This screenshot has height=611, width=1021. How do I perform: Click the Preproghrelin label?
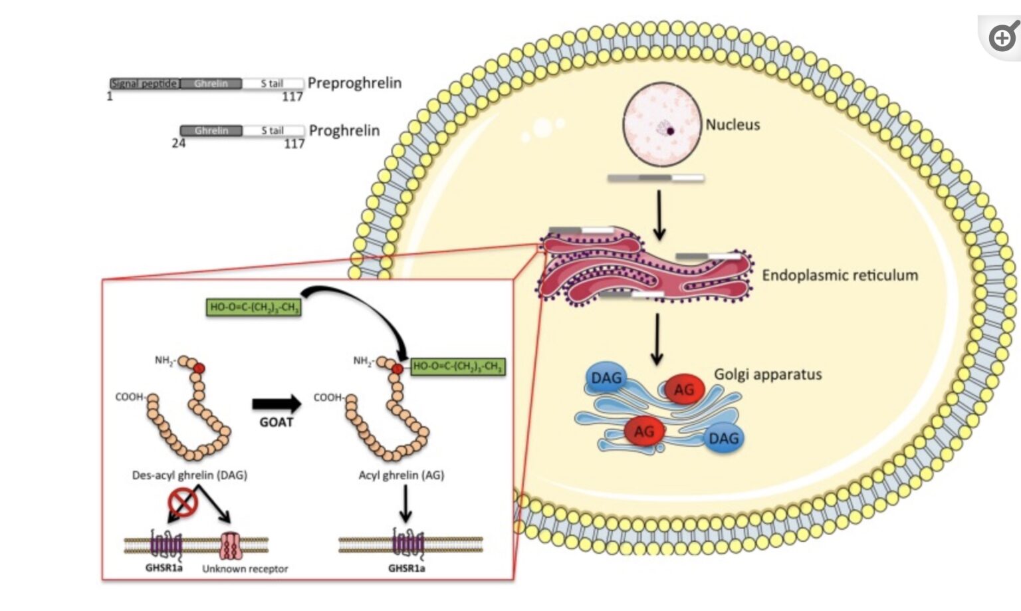[354, 83]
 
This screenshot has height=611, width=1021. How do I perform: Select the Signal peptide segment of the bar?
[144, 84]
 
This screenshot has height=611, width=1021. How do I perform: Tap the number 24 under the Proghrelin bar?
[178, 143]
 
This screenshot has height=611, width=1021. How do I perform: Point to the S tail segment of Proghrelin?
[273, 131]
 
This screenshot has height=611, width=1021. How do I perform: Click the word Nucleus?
[733, 124]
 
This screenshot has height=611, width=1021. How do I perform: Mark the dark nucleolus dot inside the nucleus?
[671, 131]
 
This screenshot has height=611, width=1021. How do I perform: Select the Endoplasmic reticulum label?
[840, 275]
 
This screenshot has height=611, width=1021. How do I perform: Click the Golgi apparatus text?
[768, 374]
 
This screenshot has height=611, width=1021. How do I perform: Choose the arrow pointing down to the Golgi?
[657, 339]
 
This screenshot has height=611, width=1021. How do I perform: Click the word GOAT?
[276, 422]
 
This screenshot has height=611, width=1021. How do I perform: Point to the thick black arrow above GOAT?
[277, 403]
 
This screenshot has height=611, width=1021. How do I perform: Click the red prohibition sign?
[183, 502]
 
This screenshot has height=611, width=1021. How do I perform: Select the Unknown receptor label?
[245, 569]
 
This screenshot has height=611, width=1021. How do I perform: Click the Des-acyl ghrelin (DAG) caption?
[189, 475]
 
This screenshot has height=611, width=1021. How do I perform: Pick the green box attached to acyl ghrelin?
[458, 366]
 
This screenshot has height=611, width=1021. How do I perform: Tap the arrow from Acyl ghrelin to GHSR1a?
[405, 504]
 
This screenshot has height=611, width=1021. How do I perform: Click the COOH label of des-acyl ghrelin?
[129, 397]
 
